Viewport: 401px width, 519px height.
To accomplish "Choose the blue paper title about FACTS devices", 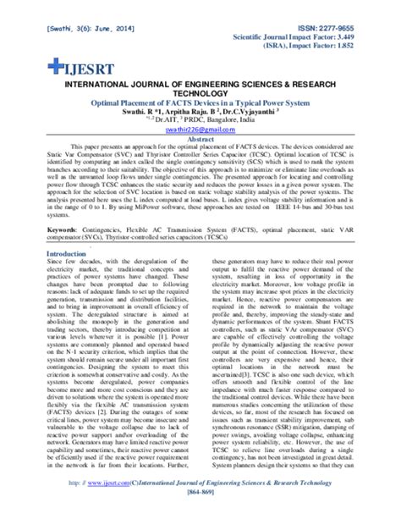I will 200,108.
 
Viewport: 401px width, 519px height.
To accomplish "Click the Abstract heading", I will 200,149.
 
